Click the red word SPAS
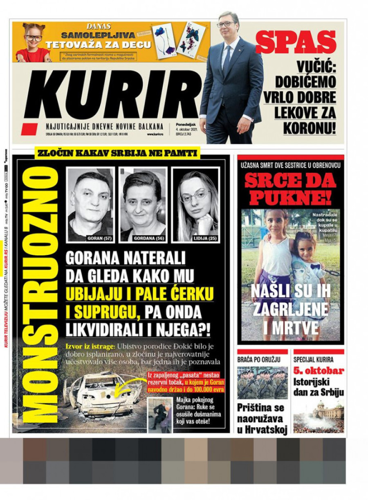(x=296, y=42)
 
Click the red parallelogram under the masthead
(x=29, y=129)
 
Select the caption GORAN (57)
(x=100, y=238)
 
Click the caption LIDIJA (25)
(x=203, y=238)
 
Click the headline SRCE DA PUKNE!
(x=290, y=189)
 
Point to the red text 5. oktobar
(x=319, y=371)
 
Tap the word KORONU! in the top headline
(x=310, y=128)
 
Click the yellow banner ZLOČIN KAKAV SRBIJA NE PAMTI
(x=118, y=154)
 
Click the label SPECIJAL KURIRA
(x=313, y=360)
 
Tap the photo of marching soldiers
(x=262, y=383)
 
